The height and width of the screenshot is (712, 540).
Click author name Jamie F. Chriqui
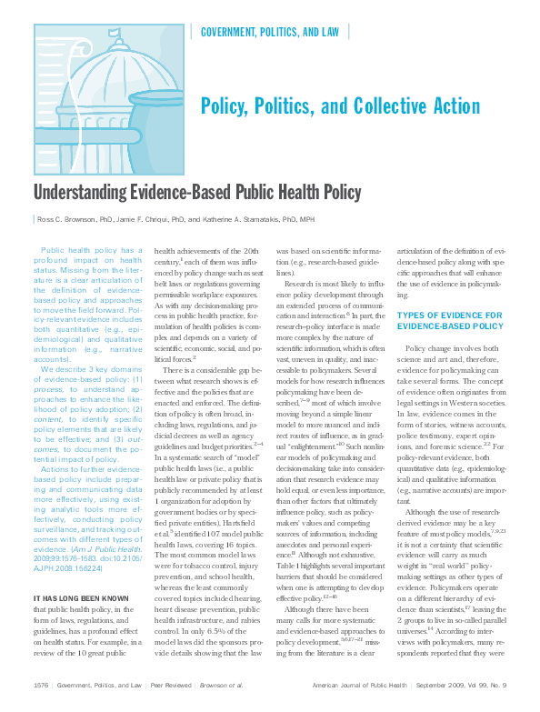(167, 219)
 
